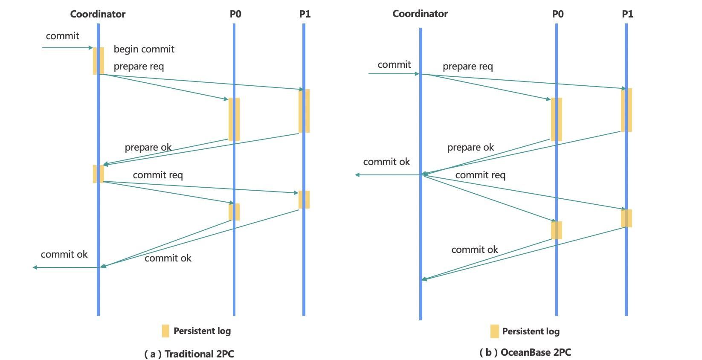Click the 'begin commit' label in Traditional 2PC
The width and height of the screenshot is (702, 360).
coord(144,49)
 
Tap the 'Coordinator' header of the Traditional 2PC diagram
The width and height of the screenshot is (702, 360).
coord(98,14)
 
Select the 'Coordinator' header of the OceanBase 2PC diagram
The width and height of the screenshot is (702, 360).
coord(420,14)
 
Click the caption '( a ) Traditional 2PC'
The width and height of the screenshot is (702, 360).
coord(189,354)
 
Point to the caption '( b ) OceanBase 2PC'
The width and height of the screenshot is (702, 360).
coord(525,352)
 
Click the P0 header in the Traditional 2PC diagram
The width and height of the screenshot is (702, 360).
coord(235,14)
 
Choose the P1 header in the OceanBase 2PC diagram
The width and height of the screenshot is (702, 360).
coord(627,14)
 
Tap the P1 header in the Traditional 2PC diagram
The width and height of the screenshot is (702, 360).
coord(305,14)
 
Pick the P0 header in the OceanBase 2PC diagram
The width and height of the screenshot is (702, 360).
coord(558,14)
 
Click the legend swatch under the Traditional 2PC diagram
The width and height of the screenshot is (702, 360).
coord(165,331)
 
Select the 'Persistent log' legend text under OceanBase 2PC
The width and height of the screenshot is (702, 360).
coord(531,331)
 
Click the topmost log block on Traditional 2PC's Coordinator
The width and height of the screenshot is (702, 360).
coord(99,61)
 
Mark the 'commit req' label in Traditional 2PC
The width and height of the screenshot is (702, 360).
coord(158,175)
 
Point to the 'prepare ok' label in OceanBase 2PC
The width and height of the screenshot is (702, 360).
coord(470,148)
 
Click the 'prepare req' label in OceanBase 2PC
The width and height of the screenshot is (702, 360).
coord(467,67)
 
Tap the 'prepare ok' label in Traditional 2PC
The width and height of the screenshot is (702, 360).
coord(148,148)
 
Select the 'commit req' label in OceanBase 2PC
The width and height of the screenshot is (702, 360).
coord(480,175)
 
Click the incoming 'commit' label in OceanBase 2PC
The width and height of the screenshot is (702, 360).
coord(394,65)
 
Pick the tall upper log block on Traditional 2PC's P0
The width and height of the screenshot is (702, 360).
coord(234,119)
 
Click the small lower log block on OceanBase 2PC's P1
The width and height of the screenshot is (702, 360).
coord(627,218)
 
